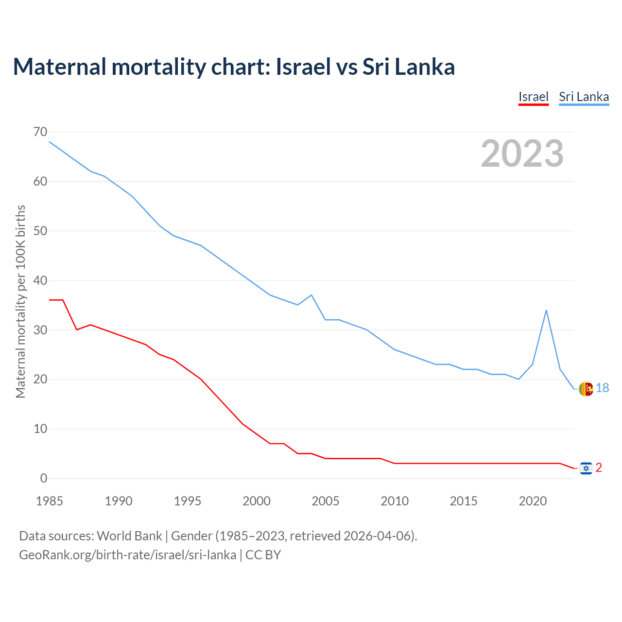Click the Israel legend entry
[533, 97]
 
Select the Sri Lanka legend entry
[584, 97]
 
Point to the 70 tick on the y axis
[41, 132]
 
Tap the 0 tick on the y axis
[44, 478]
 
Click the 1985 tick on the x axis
[50, 501]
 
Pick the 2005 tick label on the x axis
[326, 501]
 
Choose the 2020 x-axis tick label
[533, 501]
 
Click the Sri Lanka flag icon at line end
[586, 389]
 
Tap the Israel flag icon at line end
[586, 468]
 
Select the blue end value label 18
[603, 388]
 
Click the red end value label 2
[599, 467]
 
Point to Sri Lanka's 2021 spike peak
[546, 310]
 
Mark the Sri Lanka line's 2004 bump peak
[311, 295]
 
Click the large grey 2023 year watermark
[522, 154]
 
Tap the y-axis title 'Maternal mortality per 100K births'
[20, 301]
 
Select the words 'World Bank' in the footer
[129, 536]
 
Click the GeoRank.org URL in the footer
[127, 555]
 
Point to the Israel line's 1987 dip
[77, 329]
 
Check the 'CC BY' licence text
[263, 555]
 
